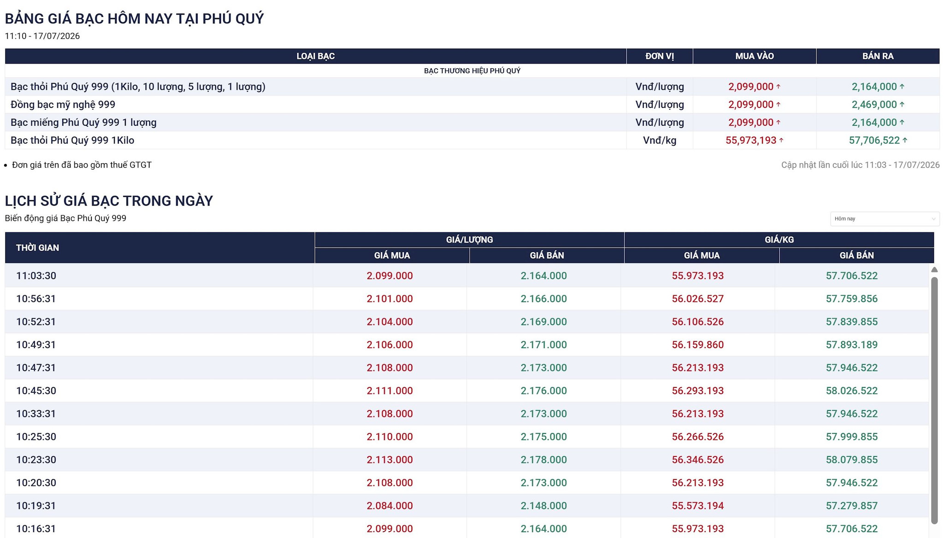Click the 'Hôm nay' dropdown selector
[x=885, y=219]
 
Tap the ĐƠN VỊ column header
[x=659, y=56]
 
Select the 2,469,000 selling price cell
[x=874, y=104]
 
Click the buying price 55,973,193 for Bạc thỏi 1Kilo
[x=751, y=140]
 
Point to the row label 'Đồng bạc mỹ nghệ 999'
[x=63, y=104]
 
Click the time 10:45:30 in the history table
[x=36, y=390]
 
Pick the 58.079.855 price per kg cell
[x=852, y=460]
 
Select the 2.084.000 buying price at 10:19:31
[x=389, y=506]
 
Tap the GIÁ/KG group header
[x=779, y=240]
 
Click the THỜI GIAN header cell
[x=37, y=248]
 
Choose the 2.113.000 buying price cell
[x=389, y=460]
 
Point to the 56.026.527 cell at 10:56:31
[x=697, y=299]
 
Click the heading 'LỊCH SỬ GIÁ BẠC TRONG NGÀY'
[x=109, y=201]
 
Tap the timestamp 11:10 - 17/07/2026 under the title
[x=42, y=36]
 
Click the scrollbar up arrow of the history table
[x=934, y=270]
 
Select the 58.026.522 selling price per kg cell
[x=852, y=390]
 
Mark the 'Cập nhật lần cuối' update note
[x=860, y=165]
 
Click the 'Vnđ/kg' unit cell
[x=660, y=140]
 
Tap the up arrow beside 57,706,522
[x=905, y=140]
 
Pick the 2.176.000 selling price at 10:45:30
[x=543, y=390]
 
